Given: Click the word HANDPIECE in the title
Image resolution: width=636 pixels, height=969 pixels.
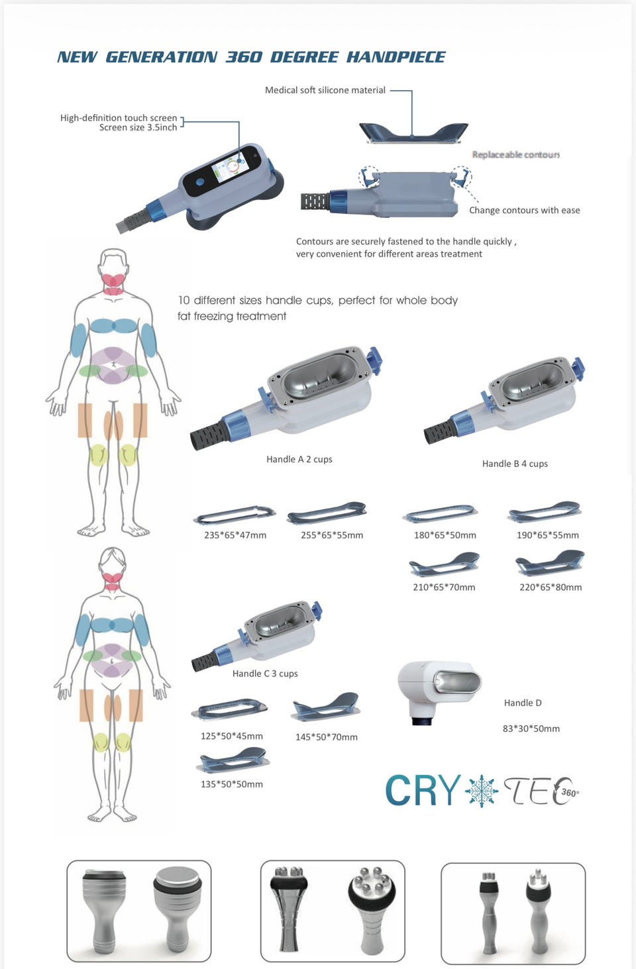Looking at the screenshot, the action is tap(396, 57).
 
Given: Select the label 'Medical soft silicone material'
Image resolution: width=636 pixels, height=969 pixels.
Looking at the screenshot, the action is tap(325, 90).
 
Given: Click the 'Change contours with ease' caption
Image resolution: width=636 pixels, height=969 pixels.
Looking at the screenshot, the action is tap(525, 210).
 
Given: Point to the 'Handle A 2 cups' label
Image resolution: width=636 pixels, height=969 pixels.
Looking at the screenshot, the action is tap(299, 459).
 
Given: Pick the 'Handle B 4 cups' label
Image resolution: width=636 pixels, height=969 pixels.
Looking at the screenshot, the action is tap(515, 464).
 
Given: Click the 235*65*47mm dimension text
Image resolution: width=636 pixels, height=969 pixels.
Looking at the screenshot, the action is tap(235, 535).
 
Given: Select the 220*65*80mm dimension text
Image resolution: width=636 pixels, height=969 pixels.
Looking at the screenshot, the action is tap(551, 587).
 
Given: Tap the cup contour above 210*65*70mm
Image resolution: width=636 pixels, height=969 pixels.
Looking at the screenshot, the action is tap(444, 564).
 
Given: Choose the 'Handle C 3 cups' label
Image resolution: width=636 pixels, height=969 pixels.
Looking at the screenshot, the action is tap(265, 674).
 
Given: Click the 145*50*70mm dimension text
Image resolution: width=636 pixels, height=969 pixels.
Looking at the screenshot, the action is tap(326, 737).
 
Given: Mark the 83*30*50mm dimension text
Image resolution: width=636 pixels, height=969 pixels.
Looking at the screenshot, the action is tap(531, 729).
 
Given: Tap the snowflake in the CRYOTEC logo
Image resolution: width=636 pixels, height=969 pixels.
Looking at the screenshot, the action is tap(481, 791).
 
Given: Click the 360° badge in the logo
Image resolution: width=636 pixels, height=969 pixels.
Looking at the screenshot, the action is tap(569, 793).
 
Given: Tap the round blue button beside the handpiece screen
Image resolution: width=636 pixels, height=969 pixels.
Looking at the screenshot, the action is tap(200, 182).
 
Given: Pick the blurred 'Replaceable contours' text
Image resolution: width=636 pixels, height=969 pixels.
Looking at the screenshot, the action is tap(515, 154).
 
